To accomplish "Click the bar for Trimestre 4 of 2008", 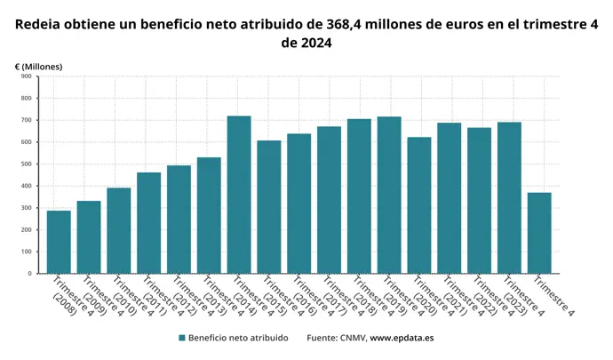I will click(x=59, y=242).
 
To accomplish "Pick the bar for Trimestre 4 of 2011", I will click(x=148, y=223).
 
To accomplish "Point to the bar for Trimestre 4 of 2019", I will click(x=389, y=195).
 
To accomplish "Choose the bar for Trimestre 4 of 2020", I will click(x=419, y=205).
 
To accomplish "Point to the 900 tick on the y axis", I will click(x=27, y=76).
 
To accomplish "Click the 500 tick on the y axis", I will click(x=27, y=164).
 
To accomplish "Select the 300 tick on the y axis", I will click(x=27, y=208).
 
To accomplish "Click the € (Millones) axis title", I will click(x=38, y=66).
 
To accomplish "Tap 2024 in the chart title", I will click(x=317, y=43).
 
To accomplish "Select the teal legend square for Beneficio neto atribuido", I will click(x=182, y=338).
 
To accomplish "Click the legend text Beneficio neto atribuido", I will click(x=237, y=338).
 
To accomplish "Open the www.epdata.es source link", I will click(x=402, y=338).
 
